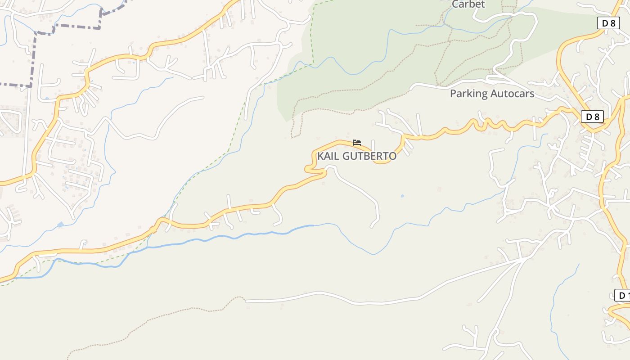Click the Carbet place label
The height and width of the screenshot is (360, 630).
468,4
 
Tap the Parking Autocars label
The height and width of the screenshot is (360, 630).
492,94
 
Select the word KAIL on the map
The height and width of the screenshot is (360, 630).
328,156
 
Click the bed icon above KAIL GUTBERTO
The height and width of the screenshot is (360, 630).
357,143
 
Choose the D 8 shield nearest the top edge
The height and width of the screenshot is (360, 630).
608,23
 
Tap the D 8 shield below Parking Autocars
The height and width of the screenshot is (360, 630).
592,117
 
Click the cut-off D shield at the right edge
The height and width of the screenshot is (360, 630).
622,295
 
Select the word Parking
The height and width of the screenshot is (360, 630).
469,94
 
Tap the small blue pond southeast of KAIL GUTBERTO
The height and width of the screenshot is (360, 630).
402,196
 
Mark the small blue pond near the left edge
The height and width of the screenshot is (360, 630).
60,224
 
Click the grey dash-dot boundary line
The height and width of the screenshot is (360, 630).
67,28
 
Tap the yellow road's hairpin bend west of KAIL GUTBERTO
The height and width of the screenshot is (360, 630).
308,169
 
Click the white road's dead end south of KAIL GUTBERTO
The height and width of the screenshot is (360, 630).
373,225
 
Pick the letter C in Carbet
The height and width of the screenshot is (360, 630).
455,4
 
